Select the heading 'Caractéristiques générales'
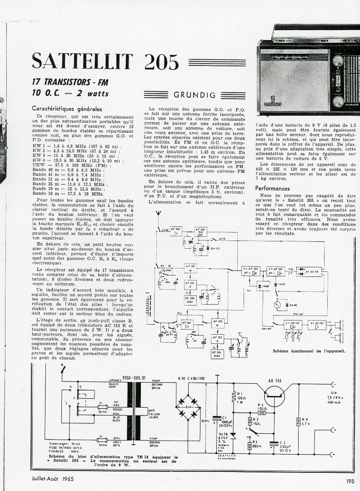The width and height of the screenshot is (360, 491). click(67, 109)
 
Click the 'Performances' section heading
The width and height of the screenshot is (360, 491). click(272, 188)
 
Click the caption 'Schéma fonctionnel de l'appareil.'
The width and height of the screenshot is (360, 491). click(315, 351)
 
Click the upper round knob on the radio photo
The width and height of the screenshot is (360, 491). click(339, 62)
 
